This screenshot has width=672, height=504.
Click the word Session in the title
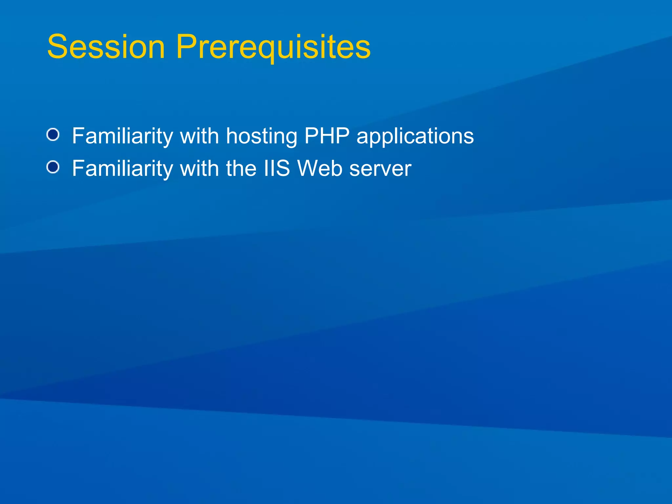[106, 47]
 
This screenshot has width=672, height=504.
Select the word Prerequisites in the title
[273, 47]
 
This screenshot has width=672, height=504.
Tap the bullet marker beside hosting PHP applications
[53, 135]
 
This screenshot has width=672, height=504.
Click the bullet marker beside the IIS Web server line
[53, 167]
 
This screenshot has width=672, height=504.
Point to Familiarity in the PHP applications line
[122, 136]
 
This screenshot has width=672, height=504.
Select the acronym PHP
[327, 136]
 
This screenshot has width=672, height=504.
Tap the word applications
[415, 136]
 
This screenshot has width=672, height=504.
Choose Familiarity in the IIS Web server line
[122, 168]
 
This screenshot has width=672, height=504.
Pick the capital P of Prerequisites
[187, 47]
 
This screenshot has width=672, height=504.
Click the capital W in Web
[307, 168]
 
